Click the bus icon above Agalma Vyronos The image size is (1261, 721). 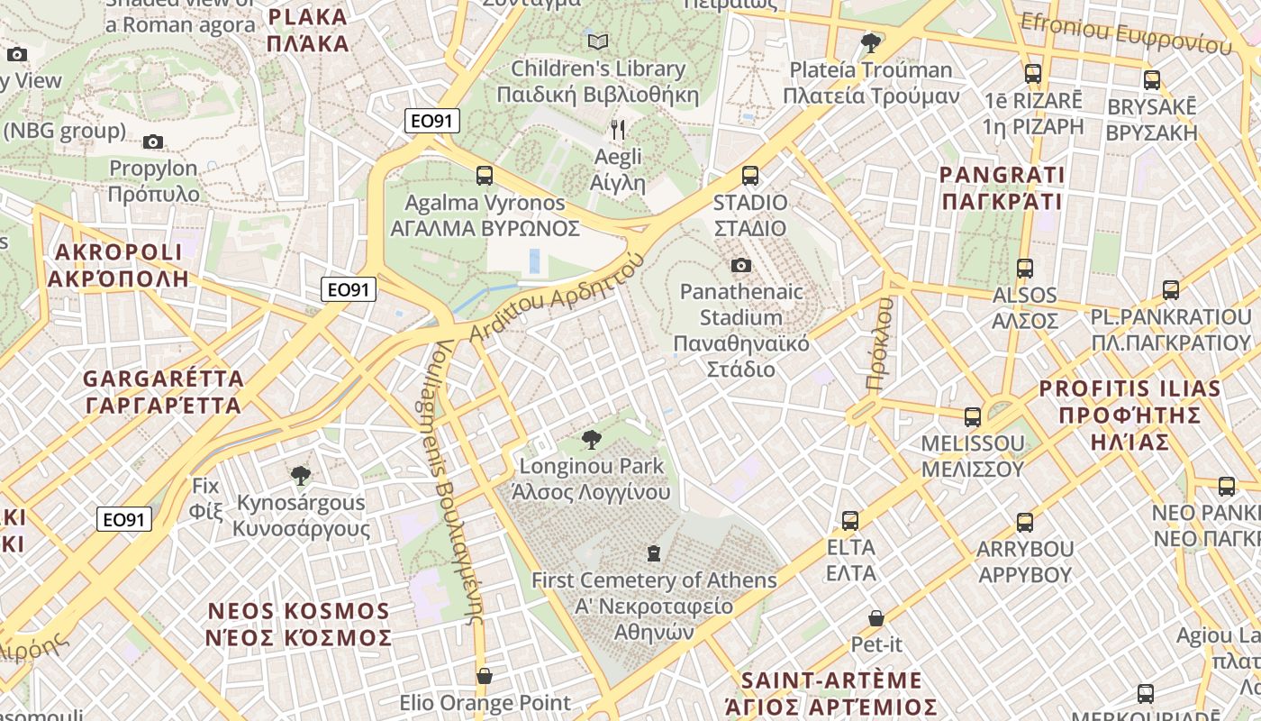click(x=485, y=176)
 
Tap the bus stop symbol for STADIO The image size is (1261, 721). click(x=750, y=176)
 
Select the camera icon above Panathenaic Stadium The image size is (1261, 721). click(x=741, y=265)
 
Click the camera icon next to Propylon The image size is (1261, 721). click(x=153, y=141)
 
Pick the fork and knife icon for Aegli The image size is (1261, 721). click(x=618, y=130)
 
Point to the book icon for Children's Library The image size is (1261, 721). click(x=598, y=41)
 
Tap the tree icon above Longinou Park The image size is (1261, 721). click(x=592, y=440)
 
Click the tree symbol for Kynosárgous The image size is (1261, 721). click(x=301, y=475)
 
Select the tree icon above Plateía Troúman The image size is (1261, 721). click(x=870, y=42)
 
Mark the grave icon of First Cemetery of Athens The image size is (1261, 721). click(x=654, y=552)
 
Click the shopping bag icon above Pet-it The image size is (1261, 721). click(x=876, y=618)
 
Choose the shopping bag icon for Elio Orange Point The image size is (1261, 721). click(x=485, y=676)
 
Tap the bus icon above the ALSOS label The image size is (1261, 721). click(x=1024, y=268)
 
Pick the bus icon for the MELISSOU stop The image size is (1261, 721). click(x=973, y=416)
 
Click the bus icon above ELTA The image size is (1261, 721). click(x=850, y=520)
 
